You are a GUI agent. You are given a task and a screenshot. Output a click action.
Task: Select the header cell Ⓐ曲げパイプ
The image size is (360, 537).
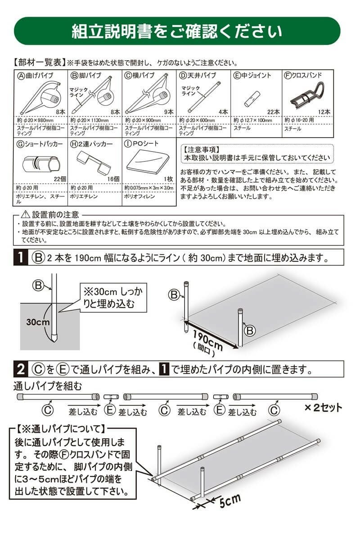36,75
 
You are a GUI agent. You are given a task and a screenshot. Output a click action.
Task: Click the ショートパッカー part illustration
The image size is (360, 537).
41,163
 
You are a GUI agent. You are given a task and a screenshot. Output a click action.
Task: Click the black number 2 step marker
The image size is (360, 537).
20,370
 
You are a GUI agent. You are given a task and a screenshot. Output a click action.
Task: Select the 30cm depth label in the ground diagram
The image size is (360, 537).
37,323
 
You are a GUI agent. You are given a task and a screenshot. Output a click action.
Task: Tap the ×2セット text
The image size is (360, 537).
323,408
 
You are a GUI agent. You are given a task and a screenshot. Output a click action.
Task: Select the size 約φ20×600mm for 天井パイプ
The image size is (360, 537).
198,121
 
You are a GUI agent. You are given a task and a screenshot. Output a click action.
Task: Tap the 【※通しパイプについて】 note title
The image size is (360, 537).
60,429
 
